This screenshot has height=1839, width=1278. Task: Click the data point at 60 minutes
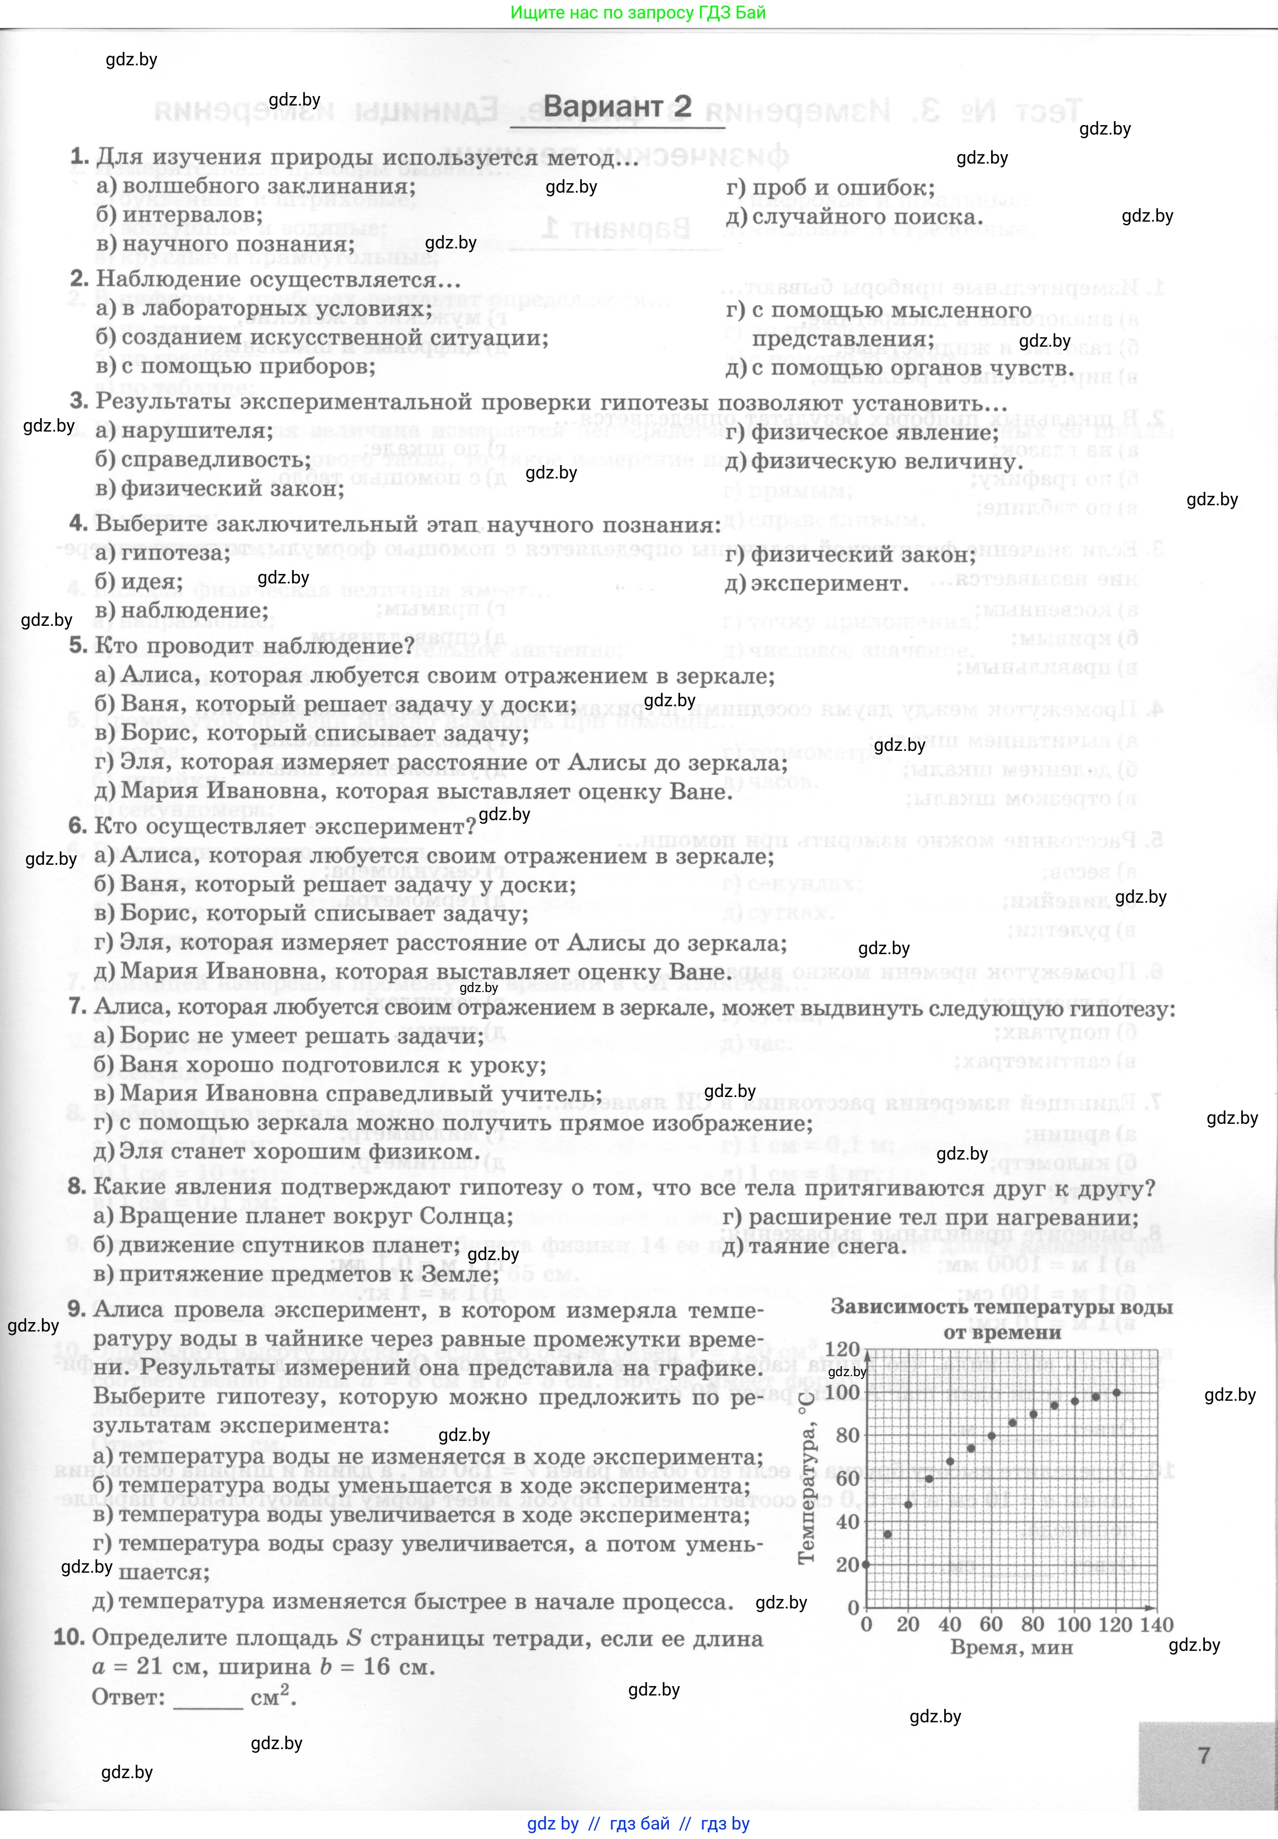tap(992, 1435)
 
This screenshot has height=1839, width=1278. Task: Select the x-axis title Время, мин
tap(1011, 1648)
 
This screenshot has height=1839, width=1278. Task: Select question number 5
tap(78, 645)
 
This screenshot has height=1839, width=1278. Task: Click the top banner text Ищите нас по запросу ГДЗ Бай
tap(638, 12)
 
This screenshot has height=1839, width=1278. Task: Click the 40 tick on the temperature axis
tap(847, 1521)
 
